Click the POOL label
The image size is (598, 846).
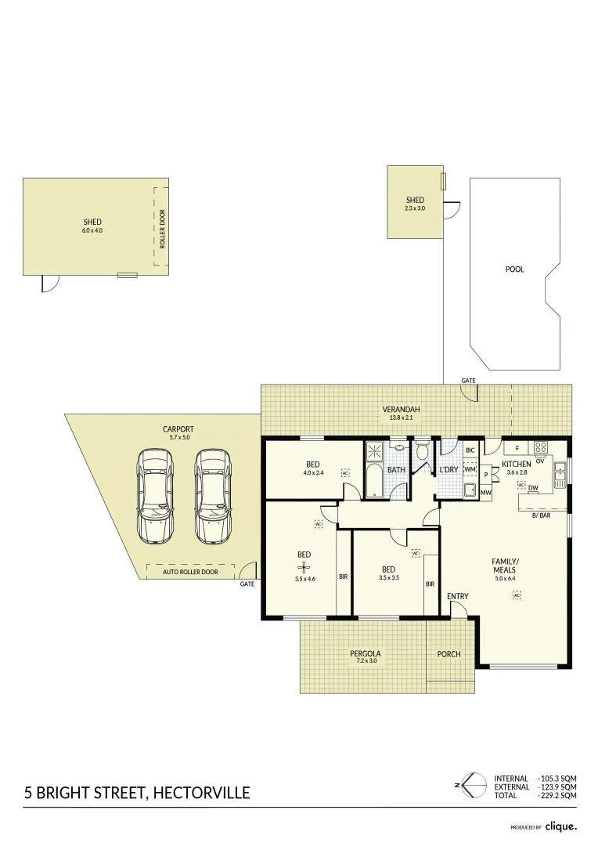(x=514, y=269)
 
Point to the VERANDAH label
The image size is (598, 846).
(x=402, y=409)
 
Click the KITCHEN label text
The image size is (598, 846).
(x=516, y=464)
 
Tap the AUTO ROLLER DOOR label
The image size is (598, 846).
(x=189, y=572)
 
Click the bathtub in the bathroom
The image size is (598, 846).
(x=374, y=479)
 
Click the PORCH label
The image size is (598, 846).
(x=449, y=654)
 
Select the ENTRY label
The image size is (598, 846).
(x=458, y=596)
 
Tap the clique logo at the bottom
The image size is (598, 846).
(x=561, y=826)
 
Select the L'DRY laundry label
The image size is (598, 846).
(x=448, y=469)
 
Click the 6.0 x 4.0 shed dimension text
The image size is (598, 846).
(x=92, y=230)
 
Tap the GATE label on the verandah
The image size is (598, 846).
(x=468, y=381)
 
